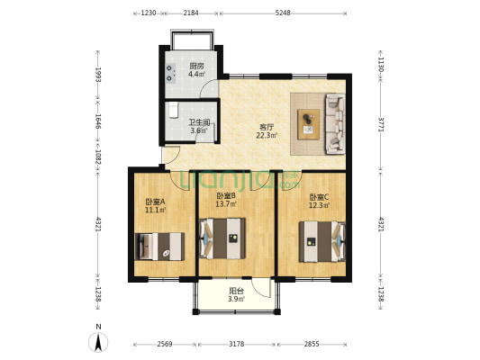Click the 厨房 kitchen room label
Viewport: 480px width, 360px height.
tap(196, 66)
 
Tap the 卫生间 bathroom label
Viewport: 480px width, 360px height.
tap(199, 122)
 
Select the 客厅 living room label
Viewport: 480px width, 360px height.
tap(267, 127)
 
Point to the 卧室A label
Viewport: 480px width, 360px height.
tap(155, 202)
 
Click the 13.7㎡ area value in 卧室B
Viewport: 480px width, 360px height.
tap(226, 204)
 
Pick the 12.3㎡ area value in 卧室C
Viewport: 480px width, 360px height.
tap(320, 205)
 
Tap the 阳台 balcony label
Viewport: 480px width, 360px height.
tap(236, 292)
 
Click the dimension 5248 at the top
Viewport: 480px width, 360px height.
tap(283, 13)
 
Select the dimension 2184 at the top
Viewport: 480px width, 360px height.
tap(191, 13)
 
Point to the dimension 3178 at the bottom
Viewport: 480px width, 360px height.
tap(237, 344)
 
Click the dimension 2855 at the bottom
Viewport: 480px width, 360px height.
tap(312, 344)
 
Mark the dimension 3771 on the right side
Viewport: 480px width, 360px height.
tap(381, 124)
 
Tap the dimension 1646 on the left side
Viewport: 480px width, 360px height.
tap(98, 121)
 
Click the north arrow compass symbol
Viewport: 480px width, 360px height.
tap(98, 342)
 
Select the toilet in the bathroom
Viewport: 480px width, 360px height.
tap(174, 110)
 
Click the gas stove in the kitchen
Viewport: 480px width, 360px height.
tap(170, 73)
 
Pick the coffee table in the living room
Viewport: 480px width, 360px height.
tap(309, 124)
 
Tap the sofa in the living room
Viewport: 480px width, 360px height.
tap(336, 123)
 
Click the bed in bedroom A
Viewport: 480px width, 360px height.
tap(159, 247)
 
